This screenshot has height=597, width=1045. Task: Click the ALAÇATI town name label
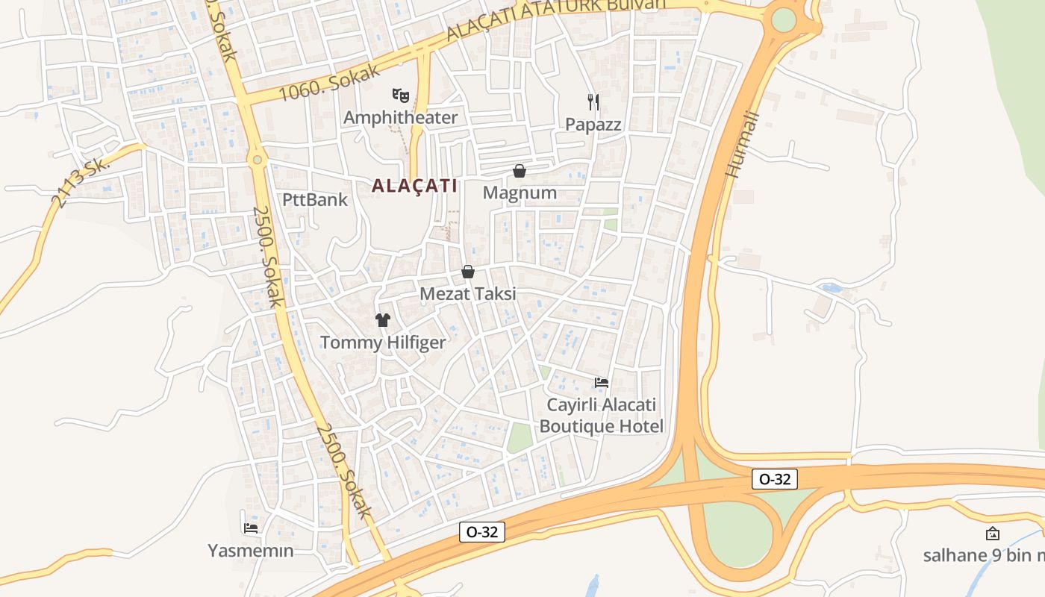(414, 186)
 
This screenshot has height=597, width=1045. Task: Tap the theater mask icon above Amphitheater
(401, 95)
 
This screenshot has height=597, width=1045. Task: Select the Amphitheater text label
(400, 117)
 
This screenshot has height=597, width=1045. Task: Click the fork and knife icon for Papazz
(593, 101)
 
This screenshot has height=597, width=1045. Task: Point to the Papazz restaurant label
(593, 124)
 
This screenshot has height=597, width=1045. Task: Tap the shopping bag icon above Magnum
(520, 171)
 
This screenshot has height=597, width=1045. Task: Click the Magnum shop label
(520, 193)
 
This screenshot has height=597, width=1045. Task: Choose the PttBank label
(315, 199)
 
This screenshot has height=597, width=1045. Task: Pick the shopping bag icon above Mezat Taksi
(468, 272)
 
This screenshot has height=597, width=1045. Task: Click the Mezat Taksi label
(468, 293)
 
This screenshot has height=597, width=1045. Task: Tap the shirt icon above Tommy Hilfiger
(383, 320)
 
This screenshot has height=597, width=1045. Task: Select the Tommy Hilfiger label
(383, 343)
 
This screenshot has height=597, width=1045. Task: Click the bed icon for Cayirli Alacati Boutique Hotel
(601, 383)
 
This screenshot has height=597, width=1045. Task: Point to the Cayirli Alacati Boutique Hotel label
(601, 416)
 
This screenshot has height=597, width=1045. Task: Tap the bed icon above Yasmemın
(251, 528)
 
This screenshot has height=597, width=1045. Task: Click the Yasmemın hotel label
(251, 551)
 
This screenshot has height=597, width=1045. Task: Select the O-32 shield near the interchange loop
(774, 479)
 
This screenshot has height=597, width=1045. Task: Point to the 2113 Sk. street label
(80, 183)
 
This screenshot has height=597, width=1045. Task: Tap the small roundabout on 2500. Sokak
(258, 159)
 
